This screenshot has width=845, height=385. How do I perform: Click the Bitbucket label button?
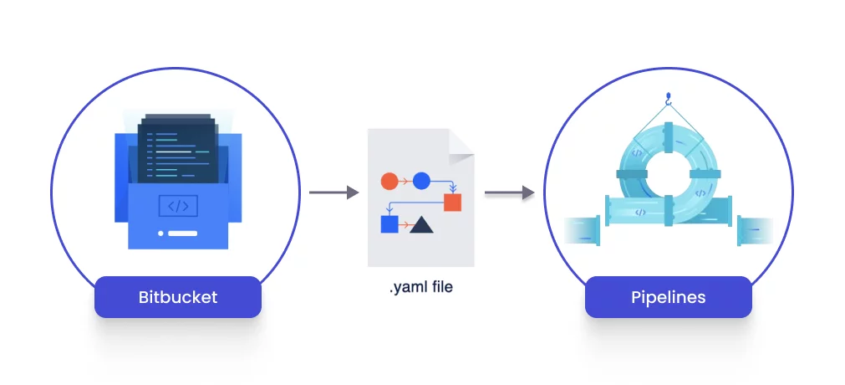[177, 297]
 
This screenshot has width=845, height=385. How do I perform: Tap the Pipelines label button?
[668, 297]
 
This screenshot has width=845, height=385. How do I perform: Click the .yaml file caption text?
[421, 288]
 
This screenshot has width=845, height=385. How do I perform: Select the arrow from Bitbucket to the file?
[333, 192]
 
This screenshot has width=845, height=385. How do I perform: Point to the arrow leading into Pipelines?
[509, 192]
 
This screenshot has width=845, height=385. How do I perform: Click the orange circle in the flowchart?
[389, 181]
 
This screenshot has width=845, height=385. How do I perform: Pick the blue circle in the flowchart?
[421, 181]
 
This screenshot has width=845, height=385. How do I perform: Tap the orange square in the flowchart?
[452, 202]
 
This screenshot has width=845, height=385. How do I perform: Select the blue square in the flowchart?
[389, 223]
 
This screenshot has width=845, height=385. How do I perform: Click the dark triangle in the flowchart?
[421, 223]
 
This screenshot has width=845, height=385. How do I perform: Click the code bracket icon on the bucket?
[178, 206]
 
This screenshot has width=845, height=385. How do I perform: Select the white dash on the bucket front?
[183, 233]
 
